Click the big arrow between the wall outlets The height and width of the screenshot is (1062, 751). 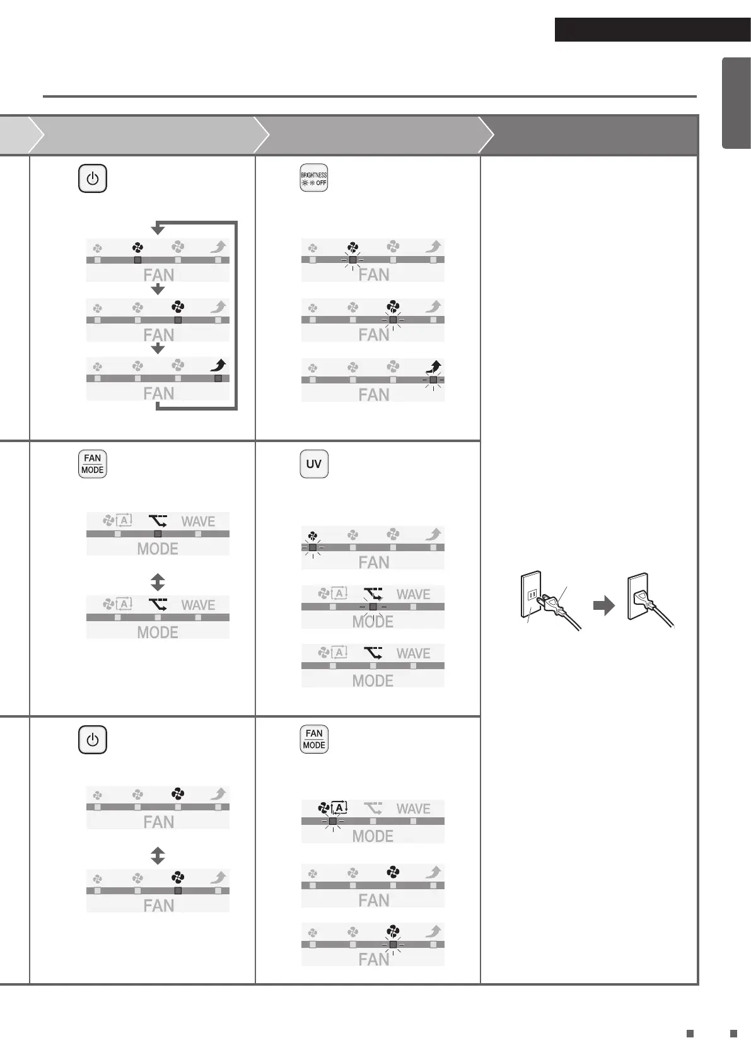tap(603, 606)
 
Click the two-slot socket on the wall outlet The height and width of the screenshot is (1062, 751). tap(531, 594)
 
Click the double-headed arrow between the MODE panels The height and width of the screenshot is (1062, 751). tap(158, 581)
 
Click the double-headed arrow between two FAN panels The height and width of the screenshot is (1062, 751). tap(158, 855)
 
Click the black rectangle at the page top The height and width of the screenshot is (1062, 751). tap(652, 30)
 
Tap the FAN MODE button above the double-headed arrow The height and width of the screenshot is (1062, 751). tap(92, 464)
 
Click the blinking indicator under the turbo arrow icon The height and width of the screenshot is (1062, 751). tap(433, 380)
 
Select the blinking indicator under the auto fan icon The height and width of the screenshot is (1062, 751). tap(332, 821)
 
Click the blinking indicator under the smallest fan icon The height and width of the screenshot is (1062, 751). tap(312, 547)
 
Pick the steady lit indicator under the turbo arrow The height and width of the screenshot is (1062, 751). tap(218, 378)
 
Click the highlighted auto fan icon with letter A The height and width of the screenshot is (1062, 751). tap(333, 807)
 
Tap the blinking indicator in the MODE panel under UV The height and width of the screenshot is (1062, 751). tap(373, 607)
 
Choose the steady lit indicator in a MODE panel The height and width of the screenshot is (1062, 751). tap(158, 534)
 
